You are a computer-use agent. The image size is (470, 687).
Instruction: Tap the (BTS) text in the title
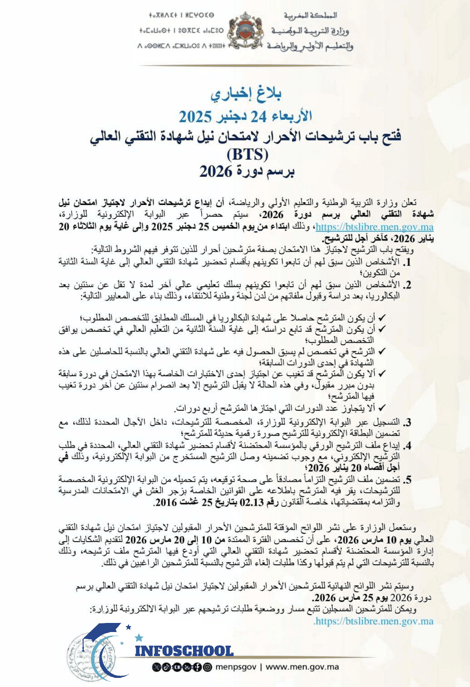247,154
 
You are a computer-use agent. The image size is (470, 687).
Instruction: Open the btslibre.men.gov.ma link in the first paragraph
374,227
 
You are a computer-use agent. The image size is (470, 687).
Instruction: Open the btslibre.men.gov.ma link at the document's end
373,621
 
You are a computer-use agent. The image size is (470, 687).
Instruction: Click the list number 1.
407,263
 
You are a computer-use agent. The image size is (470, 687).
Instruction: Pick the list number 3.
407,422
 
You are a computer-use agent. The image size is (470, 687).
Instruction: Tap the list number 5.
407,480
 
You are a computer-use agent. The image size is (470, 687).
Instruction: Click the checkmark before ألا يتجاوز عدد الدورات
382,408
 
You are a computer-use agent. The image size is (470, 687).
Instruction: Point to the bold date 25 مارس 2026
330,598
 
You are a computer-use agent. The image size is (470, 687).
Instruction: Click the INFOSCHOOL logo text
184,651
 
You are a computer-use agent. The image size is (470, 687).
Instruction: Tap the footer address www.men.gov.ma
302,667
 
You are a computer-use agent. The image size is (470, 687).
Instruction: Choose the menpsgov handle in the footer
236,667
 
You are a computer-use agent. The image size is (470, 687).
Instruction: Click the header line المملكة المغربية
311,15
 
